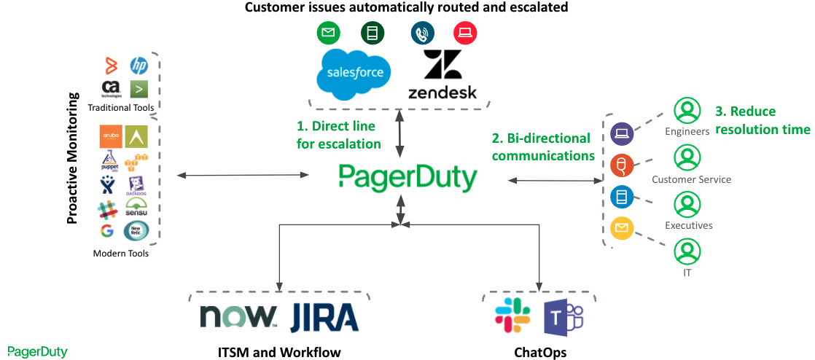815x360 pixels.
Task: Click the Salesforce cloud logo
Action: (354, 72)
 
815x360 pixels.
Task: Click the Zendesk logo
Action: (442, 74)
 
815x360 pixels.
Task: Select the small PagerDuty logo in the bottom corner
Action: (37, 352)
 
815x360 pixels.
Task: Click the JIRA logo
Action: (324, 318)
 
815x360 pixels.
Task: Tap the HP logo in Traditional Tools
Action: (139, 66)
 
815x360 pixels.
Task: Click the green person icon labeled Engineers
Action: (687, 111)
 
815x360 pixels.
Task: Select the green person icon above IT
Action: (687, 252)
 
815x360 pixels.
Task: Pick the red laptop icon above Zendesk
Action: (464, 33)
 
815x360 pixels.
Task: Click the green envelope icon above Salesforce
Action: (328, 33)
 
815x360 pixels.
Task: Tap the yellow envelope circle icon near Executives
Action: (622, 229)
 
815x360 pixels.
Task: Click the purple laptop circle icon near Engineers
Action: (622, 134)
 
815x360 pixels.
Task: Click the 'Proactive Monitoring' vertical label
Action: (73, 157)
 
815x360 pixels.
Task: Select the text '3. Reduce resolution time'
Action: (762, 120)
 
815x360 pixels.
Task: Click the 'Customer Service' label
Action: (691, 179)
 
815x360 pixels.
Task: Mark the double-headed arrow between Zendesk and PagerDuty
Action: (399, 133)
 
